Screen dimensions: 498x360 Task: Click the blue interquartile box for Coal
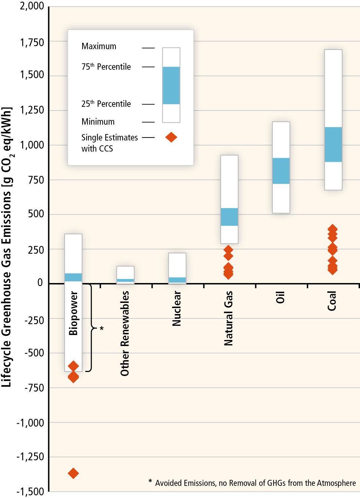coord(333,144)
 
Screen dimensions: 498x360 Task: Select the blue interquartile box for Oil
coord(281,171)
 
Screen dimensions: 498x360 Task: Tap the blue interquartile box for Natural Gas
coord(229,217)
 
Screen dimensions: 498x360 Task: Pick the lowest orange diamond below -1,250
coord(73,473)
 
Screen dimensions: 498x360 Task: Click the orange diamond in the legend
coord(171,137)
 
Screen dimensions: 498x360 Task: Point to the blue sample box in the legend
coord(171,85)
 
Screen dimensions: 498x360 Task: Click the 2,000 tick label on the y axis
coord(32,6)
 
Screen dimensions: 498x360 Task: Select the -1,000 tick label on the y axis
coord(30,423)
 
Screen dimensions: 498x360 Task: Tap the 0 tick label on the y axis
coord(40,282)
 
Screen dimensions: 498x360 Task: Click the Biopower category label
coord(73,313)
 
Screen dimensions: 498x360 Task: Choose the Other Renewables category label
coord(125,333)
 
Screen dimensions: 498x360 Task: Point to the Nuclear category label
coord(177,309)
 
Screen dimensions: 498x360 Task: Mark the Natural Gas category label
coord(229,318)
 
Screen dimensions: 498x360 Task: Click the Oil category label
coord(281,298)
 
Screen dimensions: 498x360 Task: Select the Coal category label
coord(332,301)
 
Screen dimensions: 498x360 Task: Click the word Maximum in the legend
coord(99,46)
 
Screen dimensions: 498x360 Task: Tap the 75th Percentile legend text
coord(106,66)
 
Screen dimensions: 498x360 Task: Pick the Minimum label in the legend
coord(98,122)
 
